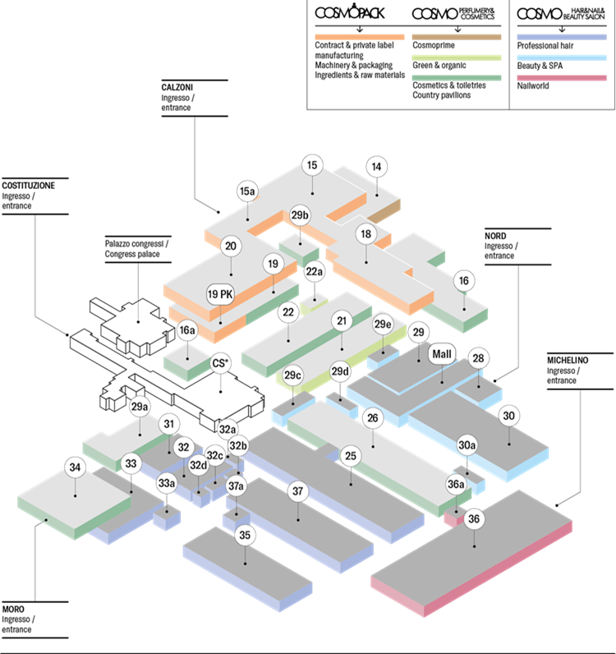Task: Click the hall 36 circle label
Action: (473, 518)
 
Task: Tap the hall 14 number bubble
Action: (377, 167)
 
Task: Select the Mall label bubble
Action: (442, 354)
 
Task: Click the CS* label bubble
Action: (220, 362)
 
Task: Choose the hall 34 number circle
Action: (76, 468)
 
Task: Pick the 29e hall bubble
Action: (384, 325)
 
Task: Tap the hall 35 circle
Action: (245, 536)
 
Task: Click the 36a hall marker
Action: (456, 485)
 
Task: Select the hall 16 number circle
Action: (464, 281)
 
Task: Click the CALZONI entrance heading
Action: (177, 87)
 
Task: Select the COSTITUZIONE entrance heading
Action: (29, 186)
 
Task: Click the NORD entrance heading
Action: (496, 236)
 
